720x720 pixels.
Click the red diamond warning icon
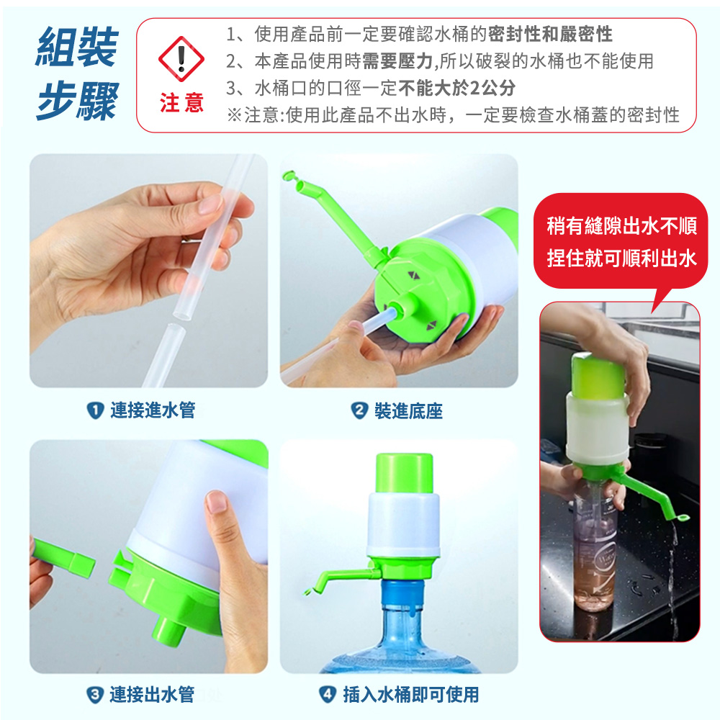tap(181, 59)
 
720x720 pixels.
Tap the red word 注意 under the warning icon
tap(181, 102)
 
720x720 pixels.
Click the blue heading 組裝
tap(77, 47)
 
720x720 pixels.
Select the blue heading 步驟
tap(77, 101)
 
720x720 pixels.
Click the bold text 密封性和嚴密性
tap(550, 34)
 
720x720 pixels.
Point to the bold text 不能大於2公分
tap(457, 88)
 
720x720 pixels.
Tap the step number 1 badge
tap(95, 410)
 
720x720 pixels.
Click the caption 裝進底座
tap(408, 410)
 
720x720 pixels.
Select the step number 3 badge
tap(94, 695)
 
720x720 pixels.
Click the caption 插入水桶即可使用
tap(411, 694)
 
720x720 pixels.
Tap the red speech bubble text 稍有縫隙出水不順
tap(622, 226)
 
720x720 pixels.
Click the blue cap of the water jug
tap(402, 593)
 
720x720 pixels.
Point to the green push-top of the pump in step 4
tap(404, 474)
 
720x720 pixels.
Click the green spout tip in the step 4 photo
tap(307, 592)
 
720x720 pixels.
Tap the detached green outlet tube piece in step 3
tap(63, 558)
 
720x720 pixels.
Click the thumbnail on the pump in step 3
tap(217, 502)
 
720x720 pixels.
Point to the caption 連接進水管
tap(153, 410)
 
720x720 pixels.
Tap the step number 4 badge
tap(328, 694)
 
